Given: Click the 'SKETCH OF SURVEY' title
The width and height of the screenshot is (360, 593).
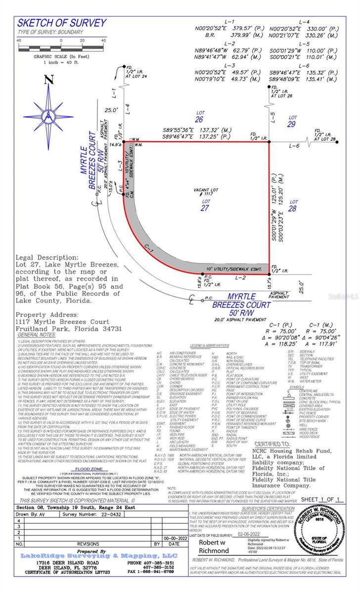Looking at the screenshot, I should pyautogui.click(x=62, y=23).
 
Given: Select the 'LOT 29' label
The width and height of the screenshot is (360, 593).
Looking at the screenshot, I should pyautogui.click(x=292, y=121).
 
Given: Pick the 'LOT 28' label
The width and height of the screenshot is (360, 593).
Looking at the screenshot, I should pyautogui.click(x=294, y=205).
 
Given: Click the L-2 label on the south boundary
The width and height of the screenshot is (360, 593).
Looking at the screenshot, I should pyautogui.click(x=228, y=279).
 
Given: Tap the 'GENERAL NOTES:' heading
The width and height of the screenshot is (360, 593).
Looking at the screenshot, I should pyautogui.click(x=37, y=335).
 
